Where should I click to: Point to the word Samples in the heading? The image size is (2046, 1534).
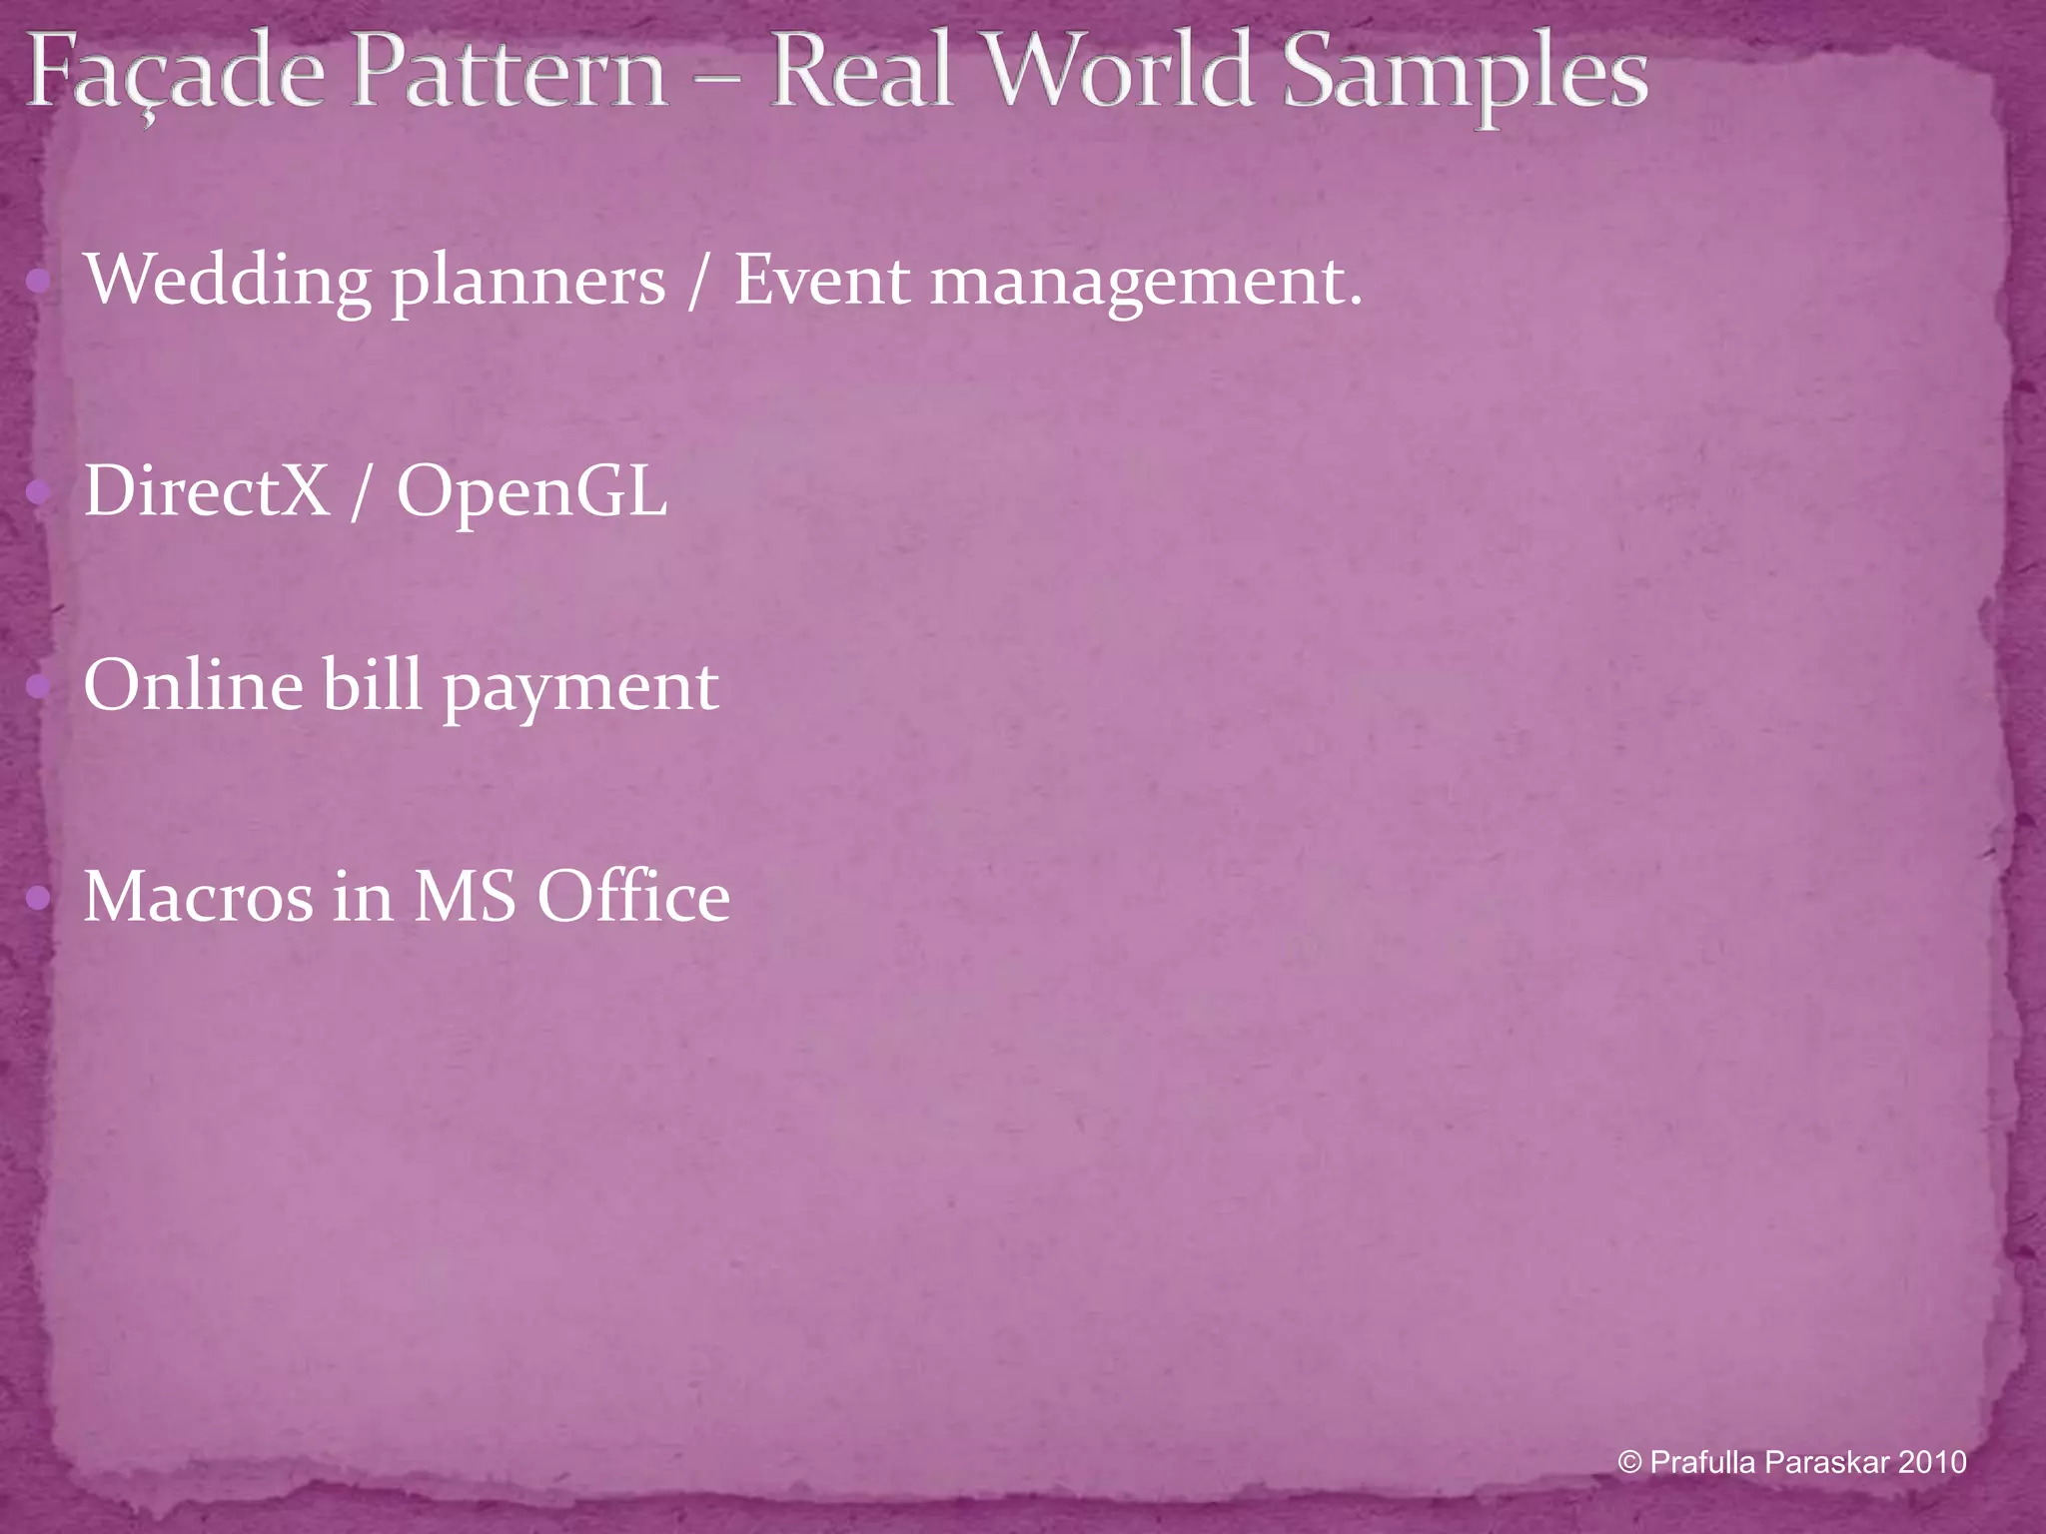[1465, 74]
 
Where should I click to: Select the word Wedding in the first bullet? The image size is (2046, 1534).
[228, 282]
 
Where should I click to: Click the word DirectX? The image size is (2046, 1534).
[206, 490]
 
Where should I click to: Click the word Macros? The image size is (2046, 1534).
[198, 896]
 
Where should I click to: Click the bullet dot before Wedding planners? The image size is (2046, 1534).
[40, 282]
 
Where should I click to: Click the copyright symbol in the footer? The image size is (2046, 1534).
[1630, 1463]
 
